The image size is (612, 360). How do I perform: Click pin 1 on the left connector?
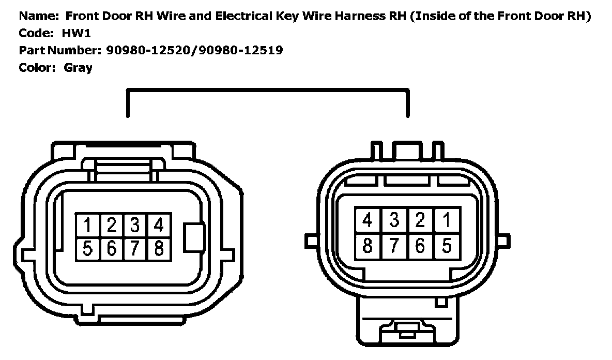coord(88,225)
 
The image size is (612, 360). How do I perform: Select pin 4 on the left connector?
coord(159,225)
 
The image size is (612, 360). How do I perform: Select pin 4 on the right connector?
coord(368,220)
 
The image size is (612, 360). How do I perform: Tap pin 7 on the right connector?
coord(394,245)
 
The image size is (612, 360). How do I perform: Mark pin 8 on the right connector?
coord(368,245)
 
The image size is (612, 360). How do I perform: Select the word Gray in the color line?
coord(78,67)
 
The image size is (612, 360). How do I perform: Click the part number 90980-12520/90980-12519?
coord(194,50)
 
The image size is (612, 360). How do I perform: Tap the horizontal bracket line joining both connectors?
coord(268,91)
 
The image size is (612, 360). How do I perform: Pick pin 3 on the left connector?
coord(135,225)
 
